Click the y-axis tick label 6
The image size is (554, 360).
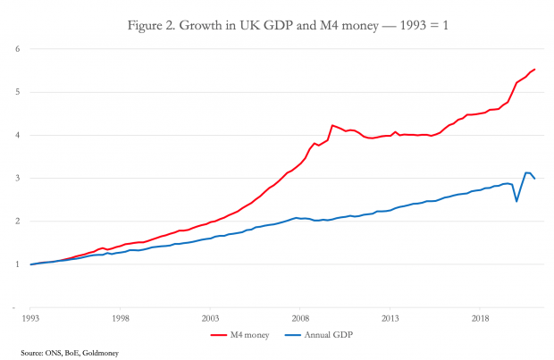point(17,48)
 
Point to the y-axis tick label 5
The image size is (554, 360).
point(17,92)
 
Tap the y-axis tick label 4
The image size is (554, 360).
point(17,135)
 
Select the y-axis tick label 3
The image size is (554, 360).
point(17,179)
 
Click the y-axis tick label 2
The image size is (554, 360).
point(17,222)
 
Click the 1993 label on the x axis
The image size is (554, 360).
point(30,317)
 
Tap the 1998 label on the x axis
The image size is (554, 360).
point(121,317)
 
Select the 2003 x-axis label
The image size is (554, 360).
point(211,317)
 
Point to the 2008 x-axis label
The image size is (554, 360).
point(301,317)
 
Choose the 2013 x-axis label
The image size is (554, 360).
point(390,317)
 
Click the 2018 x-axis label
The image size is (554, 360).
point(481,317)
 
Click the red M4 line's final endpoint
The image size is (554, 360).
point(534,69)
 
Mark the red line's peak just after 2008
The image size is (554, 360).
point(332,125)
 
